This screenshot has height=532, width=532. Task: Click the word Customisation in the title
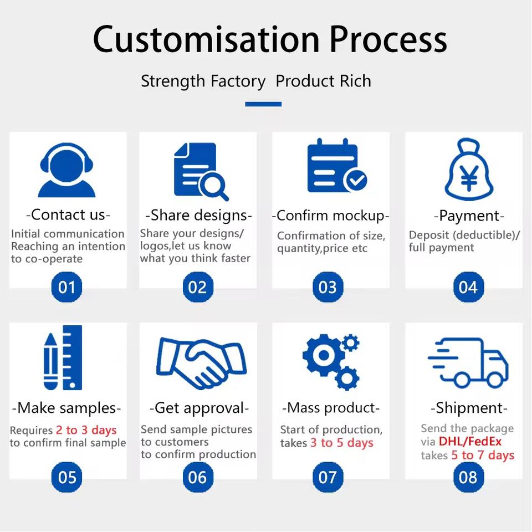click(206, 39)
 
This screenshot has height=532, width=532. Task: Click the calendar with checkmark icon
click(335, 166)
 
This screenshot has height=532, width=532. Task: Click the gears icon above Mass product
click(331, 360)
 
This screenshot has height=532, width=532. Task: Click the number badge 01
click(66, 287)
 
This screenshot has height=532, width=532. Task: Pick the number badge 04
click(468, 287)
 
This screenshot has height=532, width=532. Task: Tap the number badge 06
click(197, 477)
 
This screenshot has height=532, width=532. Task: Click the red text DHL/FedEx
click(470, 442)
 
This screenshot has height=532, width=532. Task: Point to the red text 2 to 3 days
click(86, 430)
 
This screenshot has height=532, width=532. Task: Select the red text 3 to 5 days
click(341, 443)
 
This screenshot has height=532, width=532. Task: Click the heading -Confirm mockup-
click(330, 216)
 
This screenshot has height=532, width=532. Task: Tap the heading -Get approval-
click(199, 408)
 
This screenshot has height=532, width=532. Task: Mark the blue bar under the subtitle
click(263, 104)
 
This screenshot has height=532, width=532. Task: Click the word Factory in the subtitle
click(238, 81)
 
